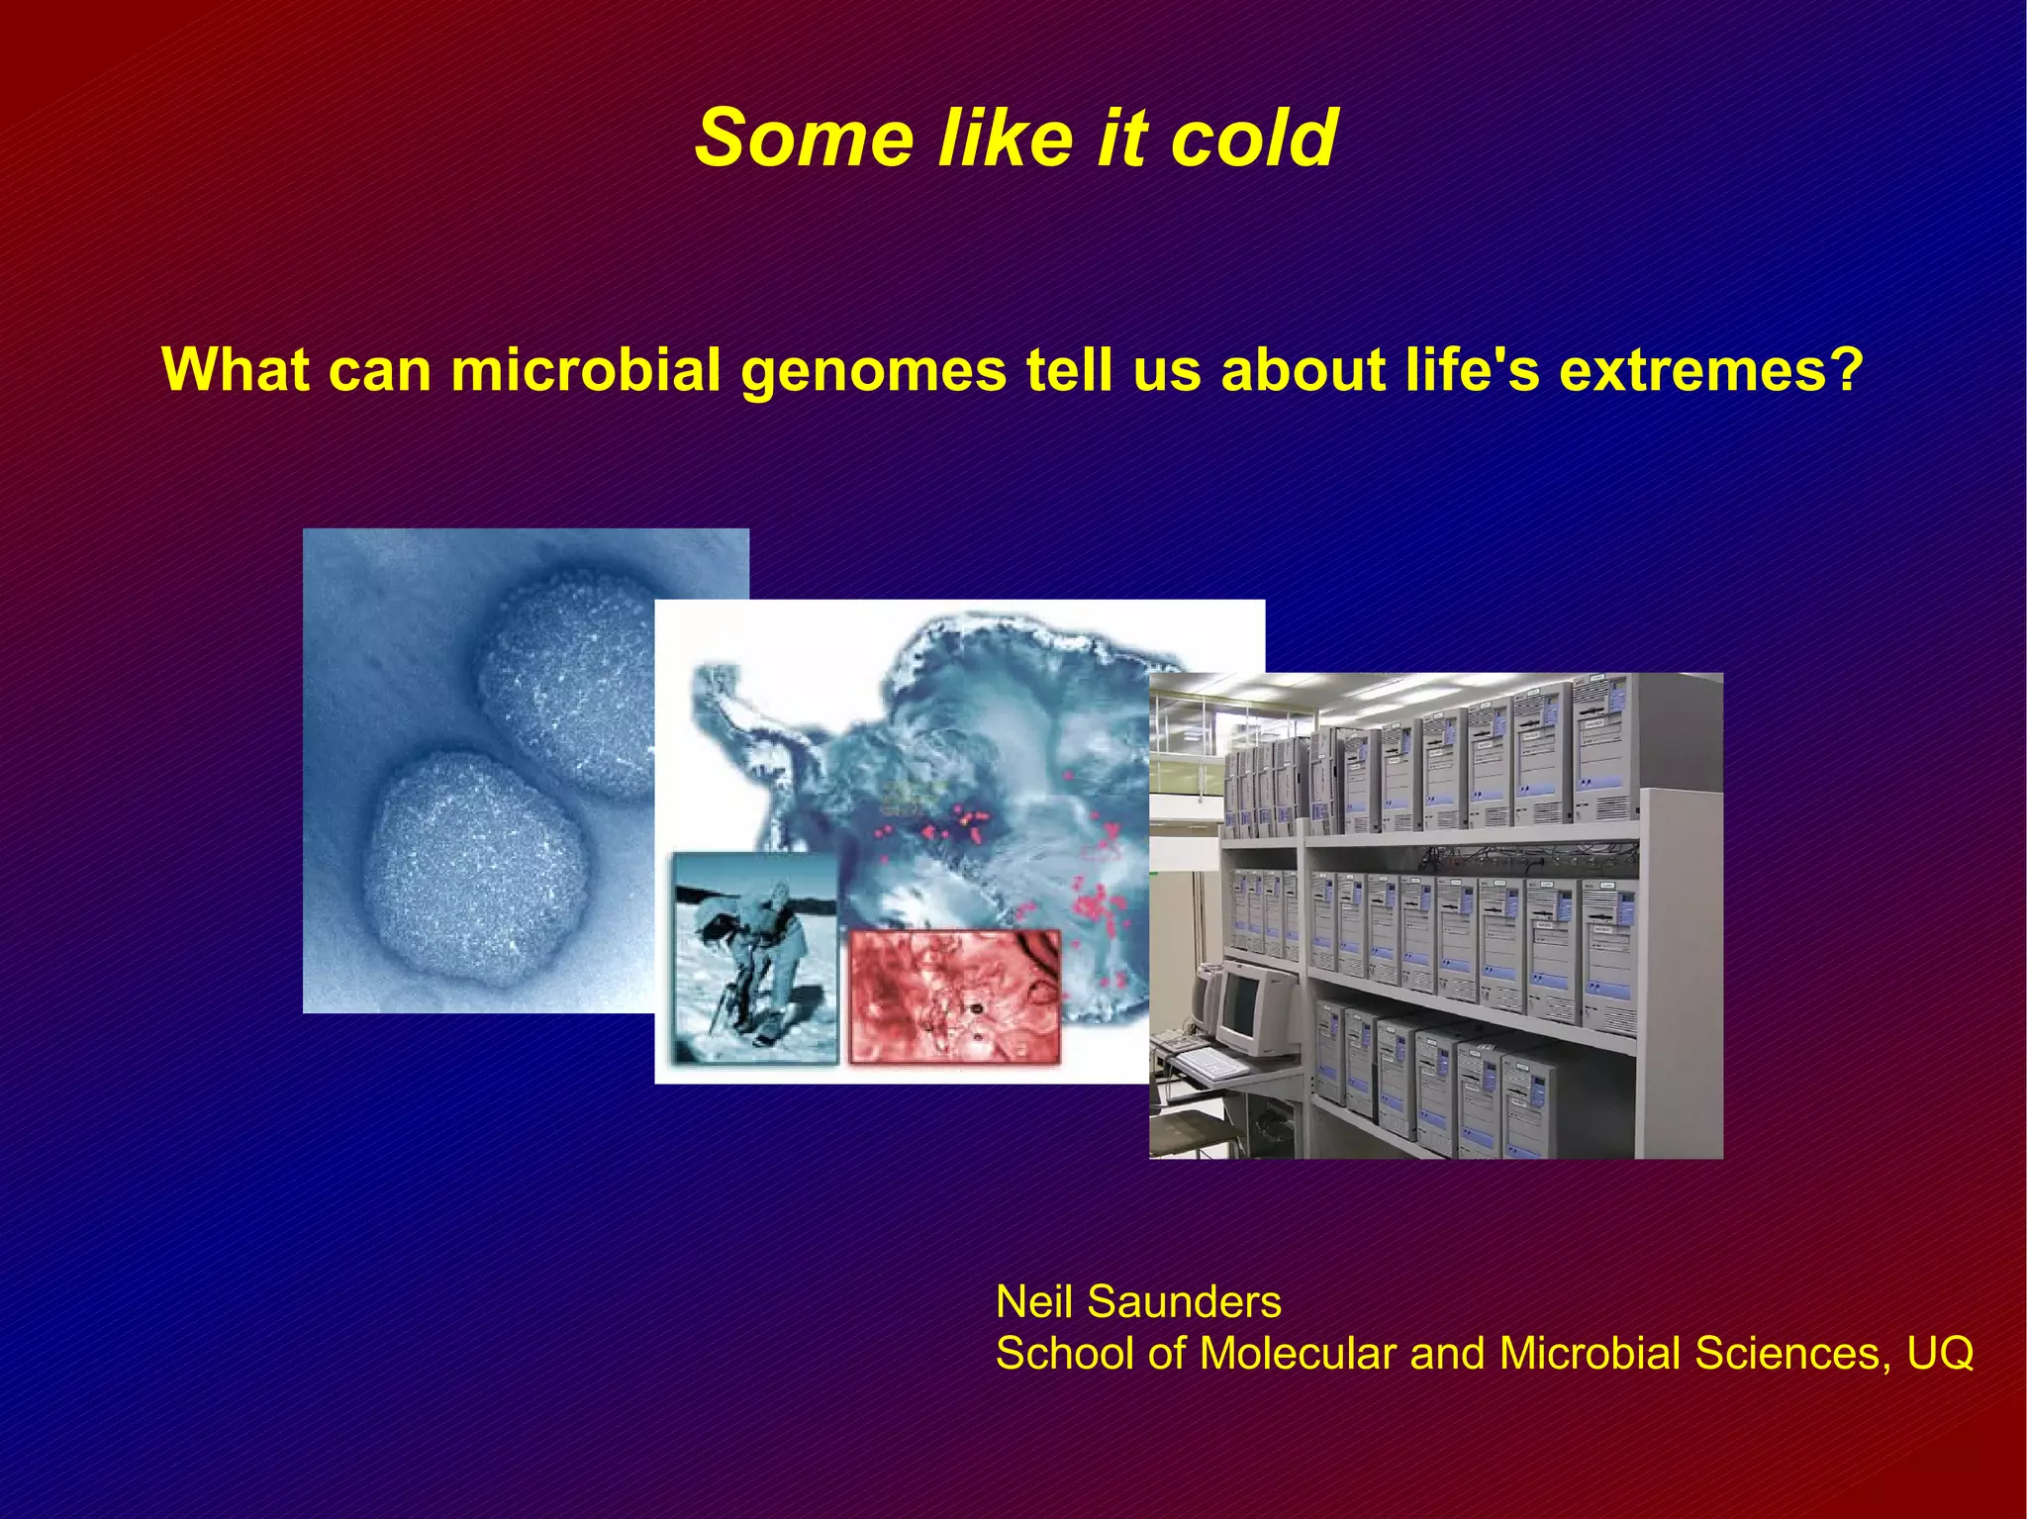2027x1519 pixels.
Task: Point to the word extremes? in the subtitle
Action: [1711, 369]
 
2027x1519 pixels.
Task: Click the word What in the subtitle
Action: [238, 369]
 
